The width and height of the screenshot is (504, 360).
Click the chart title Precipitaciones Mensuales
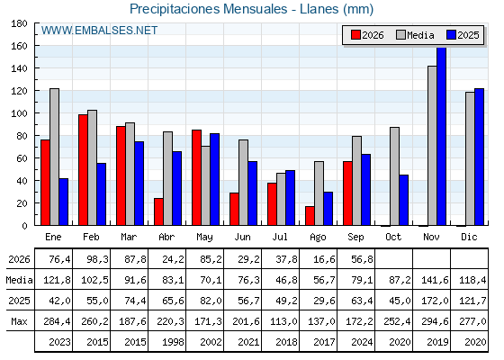point(208,9)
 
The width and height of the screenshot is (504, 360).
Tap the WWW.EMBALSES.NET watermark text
point(99,31)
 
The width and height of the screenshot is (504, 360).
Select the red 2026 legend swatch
point(355,35)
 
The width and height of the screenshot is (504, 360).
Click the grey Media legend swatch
point(401,35)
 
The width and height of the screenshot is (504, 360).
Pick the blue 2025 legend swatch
point(451,35)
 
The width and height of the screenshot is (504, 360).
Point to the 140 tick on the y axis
point(19,68)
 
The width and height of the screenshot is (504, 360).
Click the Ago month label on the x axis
point(318,238)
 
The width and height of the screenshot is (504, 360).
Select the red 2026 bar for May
point(197,177)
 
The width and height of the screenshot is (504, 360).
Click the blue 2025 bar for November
point(441,136)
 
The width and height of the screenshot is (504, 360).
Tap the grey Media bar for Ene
point(54,157)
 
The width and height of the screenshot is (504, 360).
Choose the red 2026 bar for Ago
point(310,216)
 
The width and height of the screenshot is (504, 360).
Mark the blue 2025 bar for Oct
point(404,200)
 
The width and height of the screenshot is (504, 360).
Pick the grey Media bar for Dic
point(470,158)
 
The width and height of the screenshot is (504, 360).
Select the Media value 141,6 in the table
point(435,280)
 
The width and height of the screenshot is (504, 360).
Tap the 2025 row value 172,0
point(435,301)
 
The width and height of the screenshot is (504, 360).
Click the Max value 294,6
point(435,321)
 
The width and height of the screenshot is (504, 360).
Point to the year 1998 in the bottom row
point(173,342)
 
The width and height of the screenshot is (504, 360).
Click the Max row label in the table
point(19,321)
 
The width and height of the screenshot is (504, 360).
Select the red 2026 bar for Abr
point(158,211)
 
